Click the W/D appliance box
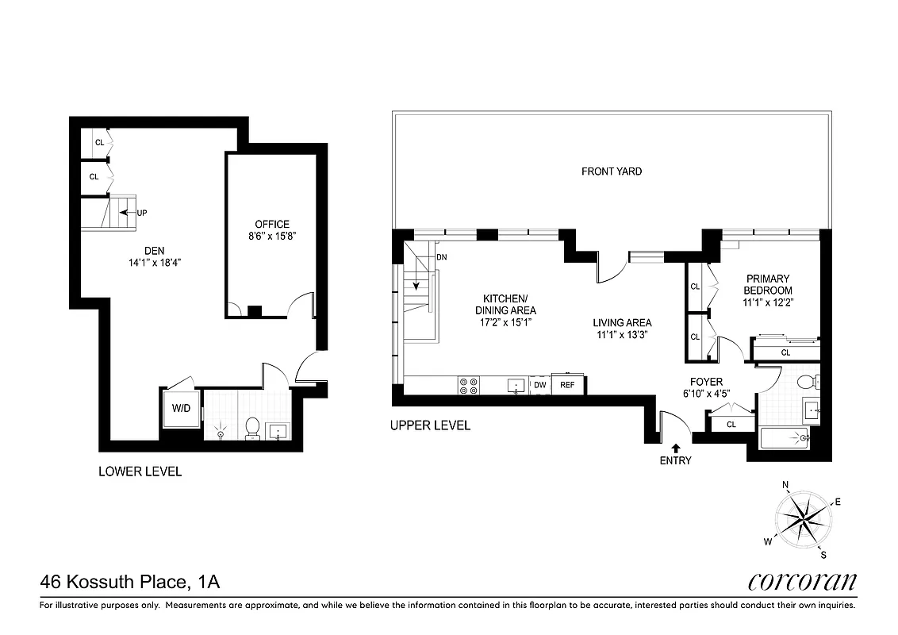click(180, 410)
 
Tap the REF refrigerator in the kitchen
click(567, 385)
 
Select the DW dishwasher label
click(540, 385)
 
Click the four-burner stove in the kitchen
click(469, 385)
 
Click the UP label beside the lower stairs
click(142, 213)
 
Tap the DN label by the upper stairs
click(442, 257)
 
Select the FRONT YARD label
click(611, 171)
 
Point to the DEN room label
click(154, 250)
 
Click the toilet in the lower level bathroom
click(253, 427)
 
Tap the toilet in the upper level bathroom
click(809, 382)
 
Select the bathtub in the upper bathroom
click(785, 437)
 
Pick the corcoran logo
click(802, 582)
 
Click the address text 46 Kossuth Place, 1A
click(129, 583)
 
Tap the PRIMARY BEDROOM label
click(768, 284)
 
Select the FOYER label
click(705, 382)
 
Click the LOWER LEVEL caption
click(140, 471)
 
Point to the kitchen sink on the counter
click(516, 386)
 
